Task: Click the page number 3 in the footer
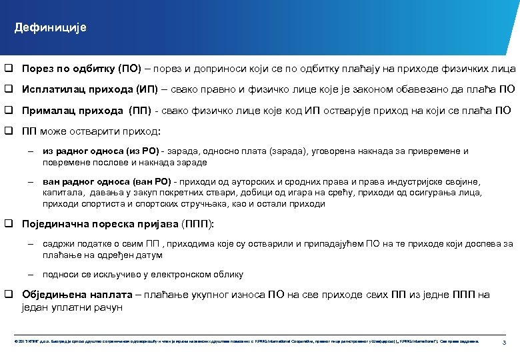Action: coord(504,342)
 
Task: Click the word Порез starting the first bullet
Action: coord(36,68)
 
